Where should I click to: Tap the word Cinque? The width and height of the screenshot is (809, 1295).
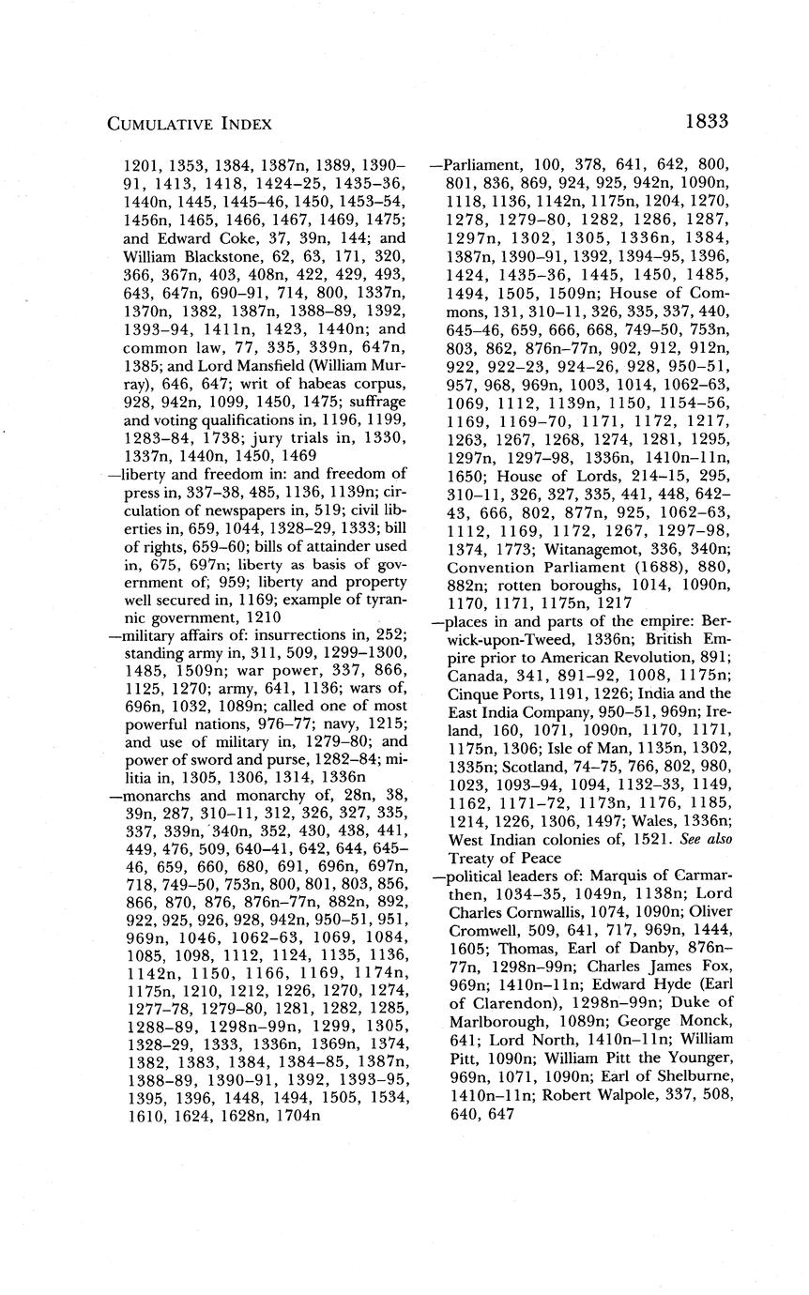(x=475, y=690)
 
